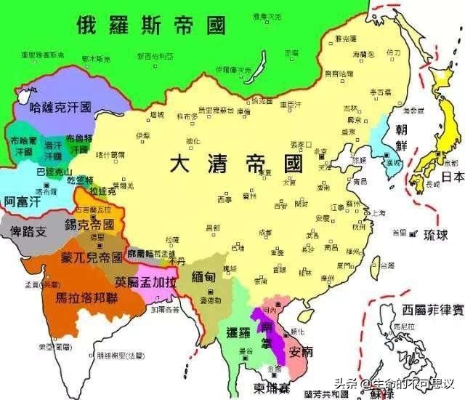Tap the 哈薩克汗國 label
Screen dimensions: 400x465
(x=60, y=107)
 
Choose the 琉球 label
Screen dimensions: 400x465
(x=437, y=233)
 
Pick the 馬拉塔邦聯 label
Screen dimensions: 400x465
(x=71, y=297)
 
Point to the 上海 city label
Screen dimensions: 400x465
(x=378, y=213)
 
